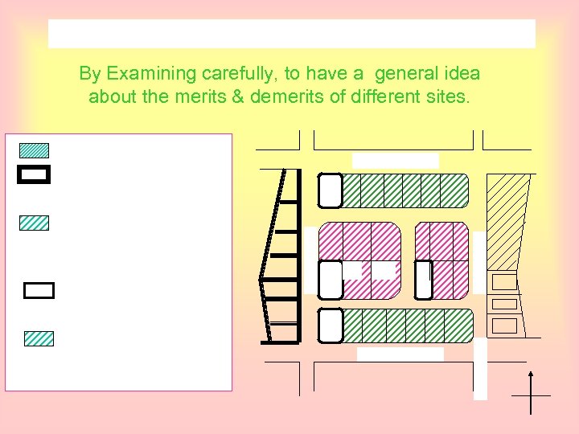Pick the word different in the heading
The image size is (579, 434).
tap(384, 98)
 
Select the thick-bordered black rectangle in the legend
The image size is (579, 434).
tap(34, 174)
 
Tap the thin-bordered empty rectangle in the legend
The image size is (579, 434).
tap(39, 290)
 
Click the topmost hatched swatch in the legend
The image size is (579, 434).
tap(34, 150)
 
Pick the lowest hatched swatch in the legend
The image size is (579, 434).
tap(39, 338)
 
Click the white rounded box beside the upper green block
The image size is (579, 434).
tap(331, 190)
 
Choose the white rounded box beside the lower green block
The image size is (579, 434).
tap(331, 325)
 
